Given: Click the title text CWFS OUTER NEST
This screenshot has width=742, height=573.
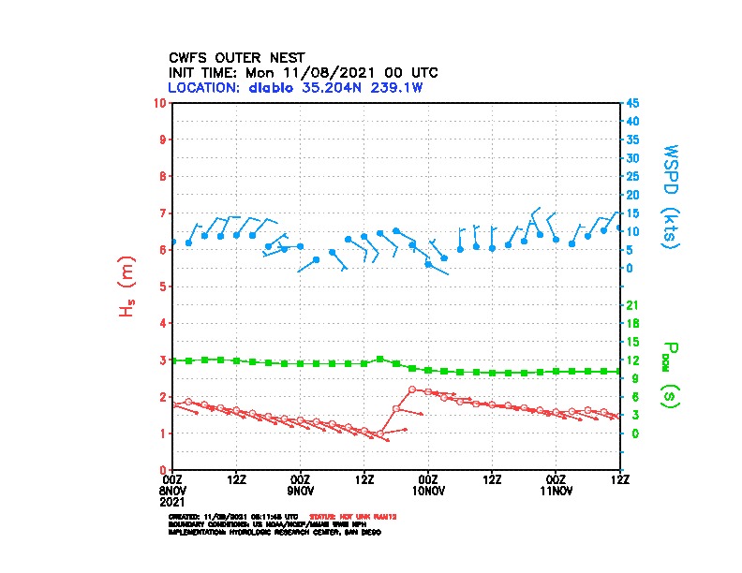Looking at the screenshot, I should [235, 57].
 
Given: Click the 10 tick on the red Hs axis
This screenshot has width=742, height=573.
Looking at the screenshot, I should [162, 102].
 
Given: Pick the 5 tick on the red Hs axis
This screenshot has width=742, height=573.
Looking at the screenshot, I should [165, 286].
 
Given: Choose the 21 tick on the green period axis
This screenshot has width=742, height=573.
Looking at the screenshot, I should [632, 305].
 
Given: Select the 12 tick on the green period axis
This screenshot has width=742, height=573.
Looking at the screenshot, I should [632, 360].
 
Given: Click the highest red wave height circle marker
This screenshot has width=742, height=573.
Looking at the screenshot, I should [412, 389].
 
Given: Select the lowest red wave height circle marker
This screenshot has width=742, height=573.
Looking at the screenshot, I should [380, 435].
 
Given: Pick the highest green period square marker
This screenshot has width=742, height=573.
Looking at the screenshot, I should [379, 359].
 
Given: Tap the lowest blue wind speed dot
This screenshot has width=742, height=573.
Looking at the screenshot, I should [428, 264].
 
